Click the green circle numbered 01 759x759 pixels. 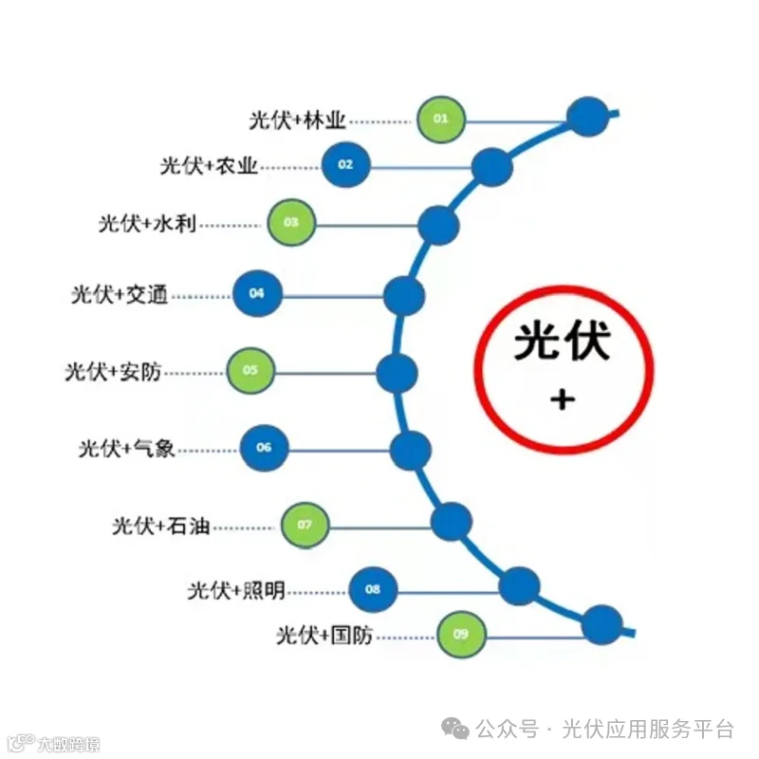(441, 120)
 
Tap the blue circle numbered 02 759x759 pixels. (345, 165)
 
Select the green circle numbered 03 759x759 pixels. (291, 223)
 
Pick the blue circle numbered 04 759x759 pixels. (256, 294)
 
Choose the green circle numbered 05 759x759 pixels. (250, 371)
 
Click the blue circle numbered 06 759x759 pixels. (264, 447)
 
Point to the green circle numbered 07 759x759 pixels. (305, 525)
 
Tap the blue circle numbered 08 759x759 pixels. (373, 590)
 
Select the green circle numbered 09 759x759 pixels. (461, 635)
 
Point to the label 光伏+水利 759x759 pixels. (147, 224)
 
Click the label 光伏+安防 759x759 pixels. (113, 371)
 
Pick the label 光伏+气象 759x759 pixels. (126, 448)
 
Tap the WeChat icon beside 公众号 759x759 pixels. (459, 730)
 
